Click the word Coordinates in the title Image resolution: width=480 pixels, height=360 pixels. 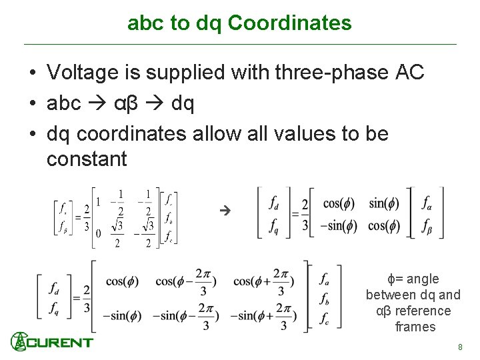point(289,23)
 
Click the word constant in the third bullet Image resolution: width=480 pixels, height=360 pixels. point(87,159)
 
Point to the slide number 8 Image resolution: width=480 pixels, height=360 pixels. point(459,347)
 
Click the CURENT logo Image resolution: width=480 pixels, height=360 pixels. point(52,342)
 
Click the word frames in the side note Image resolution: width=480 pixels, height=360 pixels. point(415,327)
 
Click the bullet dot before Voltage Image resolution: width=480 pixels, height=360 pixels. point(32,73)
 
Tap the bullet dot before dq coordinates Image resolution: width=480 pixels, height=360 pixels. point(32,135)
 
